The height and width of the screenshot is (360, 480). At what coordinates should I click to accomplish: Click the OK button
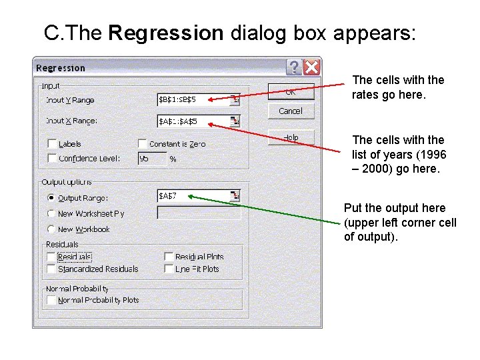pos(291,91)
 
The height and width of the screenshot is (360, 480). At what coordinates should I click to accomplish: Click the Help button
pos(291,137)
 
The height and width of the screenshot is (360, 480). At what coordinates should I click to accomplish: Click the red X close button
pos(311,67)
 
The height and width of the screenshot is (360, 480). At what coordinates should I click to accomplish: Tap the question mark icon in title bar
pos(294,67)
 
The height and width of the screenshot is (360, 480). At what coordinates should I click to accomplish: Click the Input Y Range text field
pos(193,100)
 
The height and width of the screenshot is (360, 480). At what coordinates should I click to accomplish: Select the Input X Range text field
pos(193,121)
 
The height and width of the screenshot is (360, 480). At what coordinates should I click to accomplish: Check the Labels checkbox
pos(52,144)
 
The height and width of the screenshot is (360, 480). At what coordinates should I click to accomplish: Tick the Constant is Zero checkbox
pos(143,144)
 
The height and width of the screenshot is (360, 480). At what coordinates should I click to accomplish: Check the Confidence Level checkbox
pos(52,159)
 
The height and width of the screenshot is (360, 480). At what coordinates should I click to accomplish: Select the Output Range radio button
pos(51,198)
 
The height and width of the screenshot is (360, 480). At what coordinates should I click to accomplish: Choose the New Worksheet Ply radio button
pos(51,213)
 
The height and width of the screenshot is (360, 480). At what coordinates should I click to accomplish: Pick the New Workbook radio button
pos(51,229)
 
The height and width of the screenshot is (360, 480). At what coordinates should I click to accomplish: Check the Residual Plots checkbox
pos(169,257)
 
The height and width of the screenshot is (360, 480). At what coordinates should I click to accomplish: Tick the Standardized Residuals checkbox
pos(52,269)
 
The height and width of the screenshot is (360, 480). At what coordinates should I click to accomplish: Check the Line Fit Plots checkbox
pos(169,269)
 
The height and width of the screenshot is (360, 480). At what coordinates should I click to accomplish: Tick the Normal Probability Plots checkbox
pos(52,300)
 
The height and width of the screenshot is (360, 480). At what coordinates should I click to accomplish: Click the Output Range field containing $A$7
pos(193,196)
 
